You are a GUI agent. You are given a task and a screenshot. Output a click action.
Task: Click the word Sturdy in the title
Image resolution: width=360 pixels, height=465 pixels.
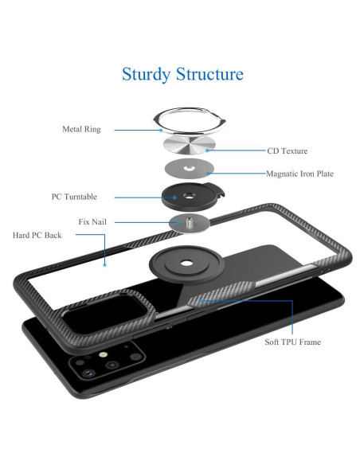(x=146, y=74)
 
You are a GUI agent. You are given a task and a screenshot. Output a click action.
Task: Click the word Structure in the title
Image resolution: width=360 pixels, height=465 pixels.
(x=210, y=73)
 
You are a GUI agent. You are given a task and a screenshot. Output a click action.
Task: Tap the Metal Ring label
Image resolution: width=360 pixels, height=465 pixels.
(x=81, y=129)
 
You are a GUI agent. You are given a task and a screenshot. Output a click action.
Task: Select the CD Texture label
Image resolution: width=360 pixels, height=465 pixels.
(x=287, y=150)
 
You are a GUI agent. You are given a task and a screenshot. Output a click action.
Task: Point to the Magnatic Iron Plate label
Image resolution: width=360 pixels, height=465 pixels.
(x=299, y=174)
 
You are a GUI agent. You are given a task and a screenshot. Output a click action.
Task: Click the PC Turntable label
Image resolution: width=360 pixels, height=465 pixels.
(x=74, y=197)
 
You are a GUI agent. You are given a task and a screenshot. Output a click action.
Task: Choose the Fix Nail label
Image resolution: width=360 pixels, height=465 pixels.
(x=92, y=222)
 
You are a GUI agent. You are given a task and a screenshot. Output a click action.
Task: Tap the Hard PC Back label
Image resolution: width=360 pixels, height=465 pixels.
(x=37, y=235)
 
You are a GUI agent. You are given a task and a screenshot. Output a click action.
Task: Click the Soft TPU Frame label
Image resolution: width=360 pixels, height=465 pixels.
(x=292, y=342)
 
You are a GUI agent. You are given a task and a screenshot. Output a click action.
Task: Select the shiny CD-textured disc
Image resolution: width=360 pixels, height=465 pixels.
(x=190, y=145)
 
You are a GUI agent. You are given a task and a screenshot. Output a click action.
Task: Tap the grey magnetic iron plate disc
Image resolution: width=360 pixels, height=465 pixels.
(x=190, y=168)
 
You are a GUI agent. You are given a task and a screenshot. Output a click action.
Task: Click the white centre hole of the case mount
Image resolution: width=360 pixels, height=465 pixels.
(x=186, y=263)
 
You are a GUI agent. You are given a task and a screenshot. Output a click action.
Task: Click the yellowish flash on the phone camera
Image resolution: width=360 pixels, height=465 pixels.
(x=103, y=354)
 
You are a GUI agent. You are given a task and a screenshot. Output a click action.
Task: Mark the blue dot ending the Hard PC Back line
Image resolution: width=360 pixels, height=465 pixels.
(x=104, y=265)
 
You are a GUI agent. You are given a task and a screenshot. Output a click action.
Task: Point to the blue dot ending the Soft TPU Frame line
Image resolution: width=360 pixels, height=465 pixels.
(x=201, y=301)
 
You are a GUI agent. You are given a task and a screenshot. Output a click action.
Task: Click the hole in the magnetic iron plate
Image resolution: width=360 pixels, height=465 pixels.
(x=188, y=169)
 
